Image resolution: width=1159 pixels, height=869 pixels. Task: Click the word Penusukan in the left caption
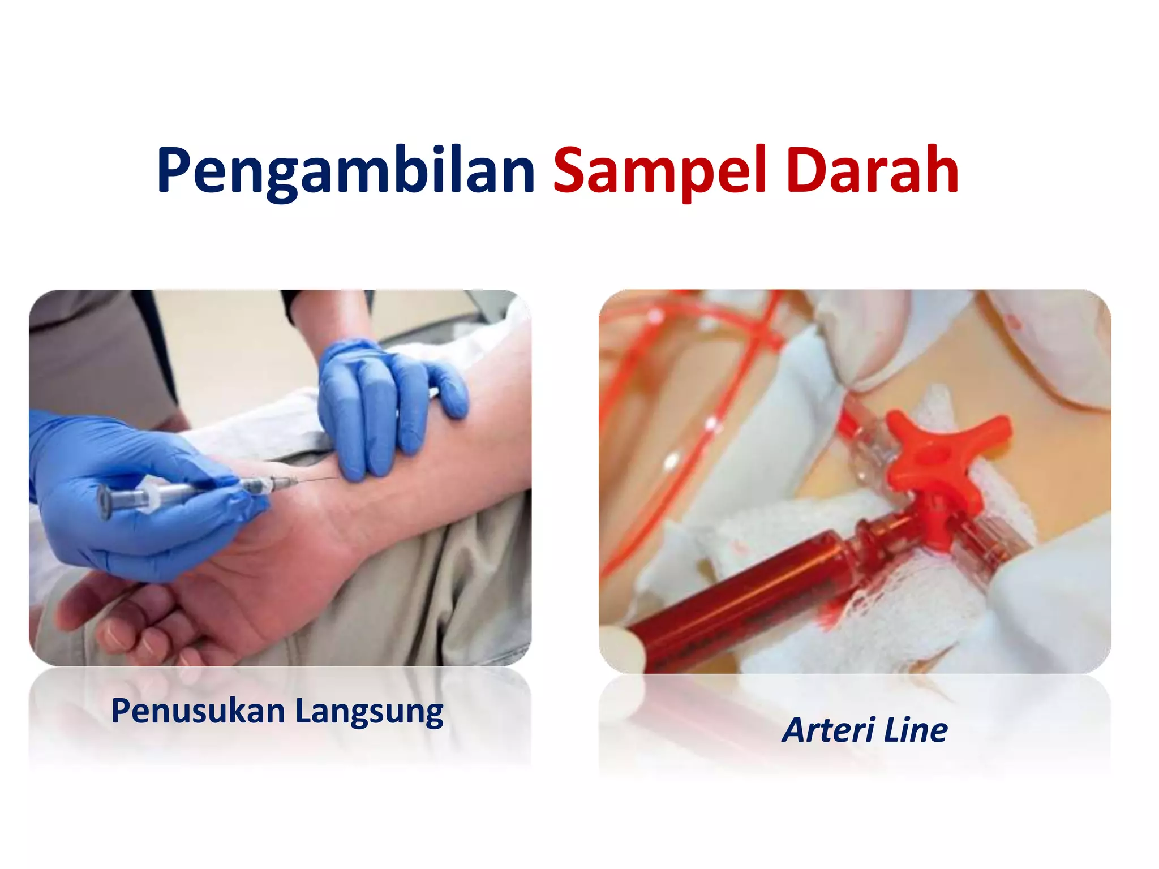tap(198, 711)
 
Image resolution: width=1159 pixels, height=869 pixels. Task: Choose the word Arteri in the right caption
tap(829, 730)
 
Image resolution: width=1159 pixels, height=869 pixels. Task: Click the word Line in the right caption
tap(915, 730)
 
